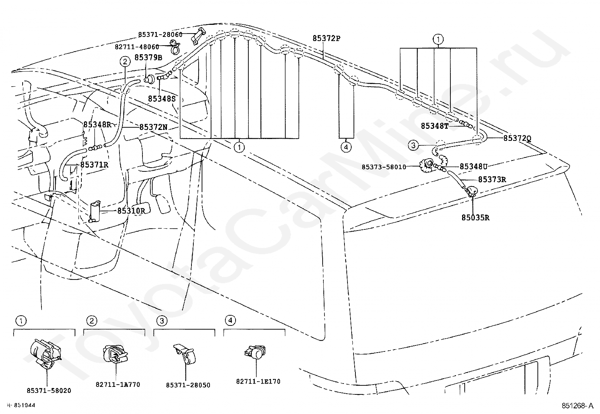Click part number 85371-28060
click(160, 35)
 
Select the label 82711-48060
click(137, 47)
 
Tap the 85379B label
click(148, 58)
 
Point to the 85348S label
click(162, 99)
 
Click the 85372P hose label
click(326, 38)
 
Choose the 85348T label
click(435, 126)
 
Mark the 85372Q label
click(517, 138)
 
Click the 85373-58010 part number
click(384, 167)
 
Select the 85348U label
click(474, 166)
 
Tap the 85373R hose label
click(492, 180)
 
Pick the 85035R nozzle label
click(475, 217)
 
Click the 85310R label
click(131, 211)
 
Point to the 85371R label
click(94, 165)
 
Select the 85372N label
click(153, 127)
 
